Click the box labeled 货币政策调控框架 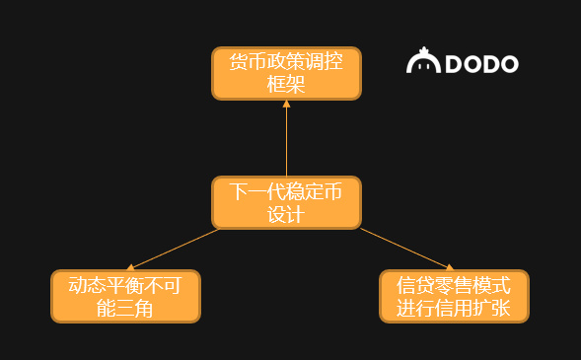286,73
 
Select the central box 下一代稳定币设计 286,202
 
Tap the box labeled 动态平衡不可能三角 125,296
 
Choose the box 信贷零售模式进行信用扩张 454,296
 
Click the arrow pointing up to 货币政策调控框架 286,138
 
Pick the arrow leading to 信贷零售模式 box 404,248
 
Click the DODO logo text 481,64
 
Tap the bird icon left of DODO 423,62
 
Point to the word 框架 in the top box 286,85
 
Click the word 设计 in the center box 286,214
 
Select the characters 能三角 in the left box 125,308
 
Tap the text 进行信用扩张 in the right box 454,308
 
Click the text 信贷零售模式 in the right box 454,285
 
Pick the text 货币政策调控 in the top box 286,62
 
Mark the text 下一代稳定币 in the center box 286,191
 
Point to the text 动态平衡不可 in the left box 125,285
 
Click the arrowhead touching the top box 286,104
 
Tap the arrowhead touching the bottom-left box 132,266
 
